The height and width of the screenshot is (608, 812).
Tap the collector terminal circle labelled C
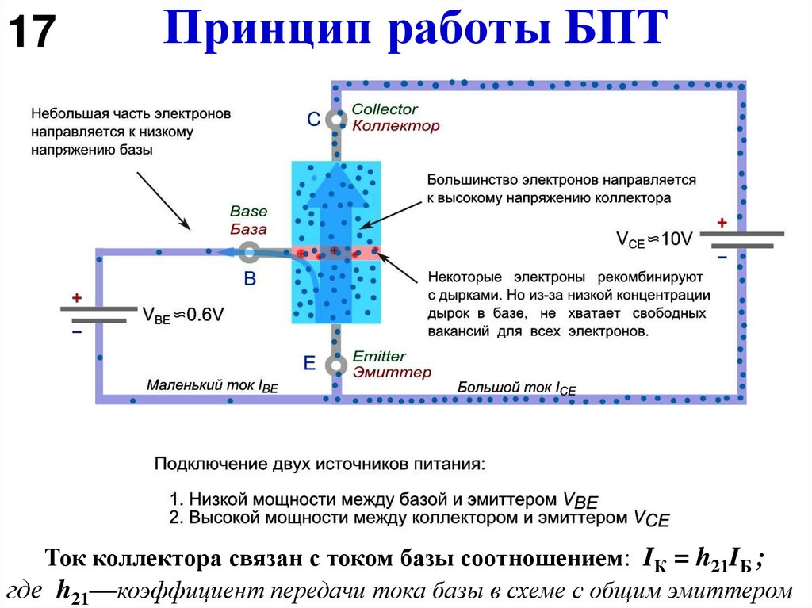point(337,120)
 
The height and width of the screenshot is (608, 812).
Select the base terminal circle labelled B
point(249,254)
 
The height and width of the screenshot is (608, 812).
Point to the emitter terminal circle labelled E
point(337,365)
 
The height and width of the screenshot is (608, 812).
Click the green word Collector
point(385,109)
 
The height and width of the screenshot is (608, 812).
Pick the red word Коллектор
point(395,125)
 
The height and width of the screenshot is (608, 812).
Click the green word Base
point(248,212)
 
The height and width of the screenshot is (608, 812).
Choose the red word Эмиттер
point(392,373)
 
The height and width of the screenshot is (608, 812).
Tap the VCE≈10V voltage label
point(654,239)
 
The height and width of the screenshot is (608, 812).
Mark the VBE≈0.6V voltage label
point(183,315)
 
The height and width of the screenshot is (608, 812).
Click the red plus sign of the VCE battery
point(722,224)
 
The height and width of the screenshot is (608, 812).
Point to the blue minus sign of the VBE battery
point(77,333)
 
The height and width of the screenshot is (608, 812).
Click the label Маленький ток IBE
point(213,386)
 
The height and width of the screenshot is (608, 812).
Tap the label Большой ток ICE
point(517,388)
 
